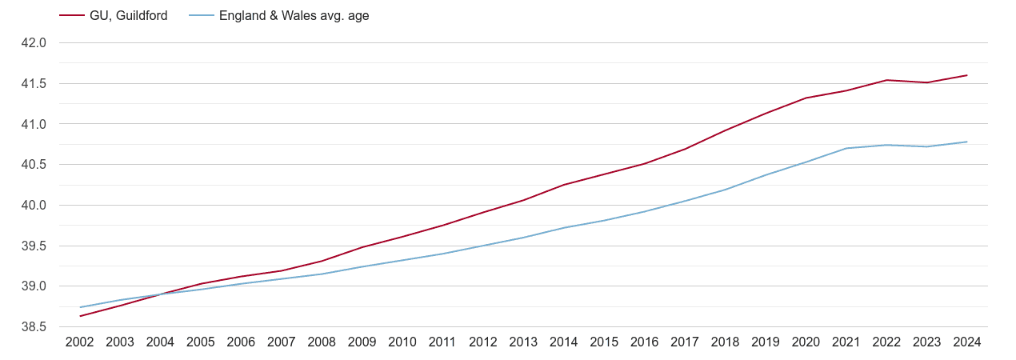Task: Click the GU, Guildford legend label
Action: pyautogui.click(x=129, y=15)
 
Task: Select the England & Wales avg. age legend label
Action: pyautogui.click(x=294, y=15)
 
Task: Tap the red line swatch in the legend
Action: pyautogui.click(x=72, y=15)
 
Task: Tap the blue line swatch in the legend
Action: pyautogui.click(x=202, y=15)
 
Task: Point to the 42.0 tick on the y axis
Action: pyautogui.click(x=34, y=43)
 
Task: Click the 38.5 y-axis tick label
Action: pyautogui.click(x=34, y=327)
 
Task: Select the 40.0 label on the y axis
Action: pyautogui.click(x=34, y=206)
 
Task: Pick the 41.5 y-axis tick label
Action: pyautogui.click(x=34, y=84)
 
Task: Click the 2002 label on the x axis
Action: pyautogui.click(x=80, y=342)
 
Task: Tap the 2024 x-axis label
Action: pyautogui.click(x=967, y=342)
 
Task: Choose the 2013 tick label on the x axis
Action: pyautogui.click(x=523, y=342)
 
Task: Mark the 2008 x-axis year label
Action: pyautogui.click(x=322, y=342)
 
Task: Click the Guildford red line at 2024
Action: pyautogui.click(x=967, y=75)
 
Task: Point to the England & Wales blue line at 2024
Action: pyautogui.click(x=967, y=142)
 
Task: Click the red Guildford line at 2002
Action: pyautogui.click(x=80, y=316)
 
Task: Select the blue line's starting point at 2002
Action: pyautogui.click(x=80, y=307)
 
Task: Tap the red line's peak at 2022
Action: pyautogui.click(x=886, y=80)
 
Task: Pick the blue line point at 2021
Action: pyautogui.click(x=846, y=148)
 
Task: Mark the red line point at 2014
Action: pyautogui.click(x=564, y=185)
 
